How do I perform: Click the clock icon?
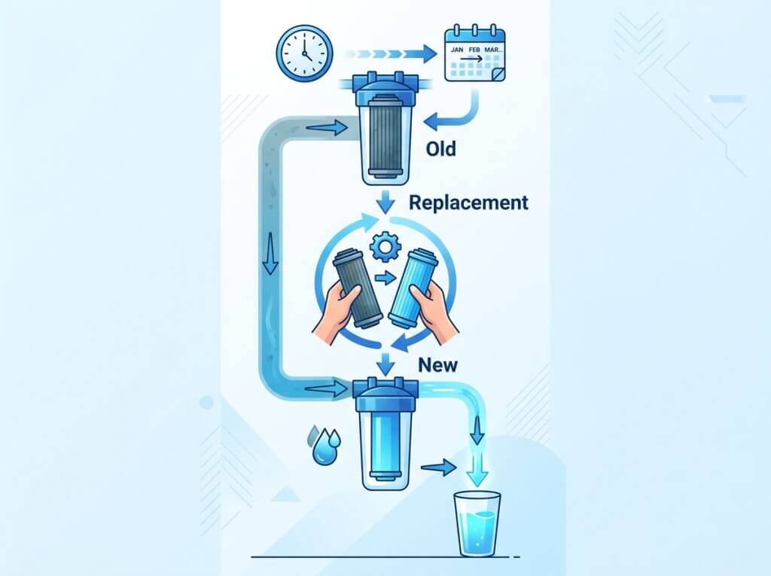(x=304, y=53)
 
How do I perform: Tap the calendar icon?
(x=474, y=53)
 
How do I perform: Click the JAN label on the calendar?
(x=457, y=50)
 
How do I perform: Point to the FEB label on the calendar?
(x=474, y=50)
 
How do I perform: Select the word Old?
(x=440, y=148)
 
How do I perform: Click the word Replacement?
(x=468, y=203)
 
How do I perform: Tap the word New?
(x=437, y=365)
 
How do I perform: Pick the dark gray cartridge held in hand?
(x=356, y=288)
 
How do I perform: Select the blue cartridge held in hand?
(x=412, y=288)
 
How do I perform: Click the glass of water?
(x=476, y=524)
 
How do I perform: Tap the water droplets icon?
(x=324, y=445)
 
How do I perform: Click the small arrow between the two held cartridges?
(x=385, y=279)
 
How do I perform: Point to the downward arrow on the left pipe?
(x=270, y=253)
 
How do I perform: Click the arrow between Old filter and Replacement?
(x=385, y=202)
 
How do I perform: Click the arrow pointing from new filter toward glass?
(x=439, y=468)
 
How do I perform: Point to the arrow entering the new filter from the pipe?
(x=326, y=389)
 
